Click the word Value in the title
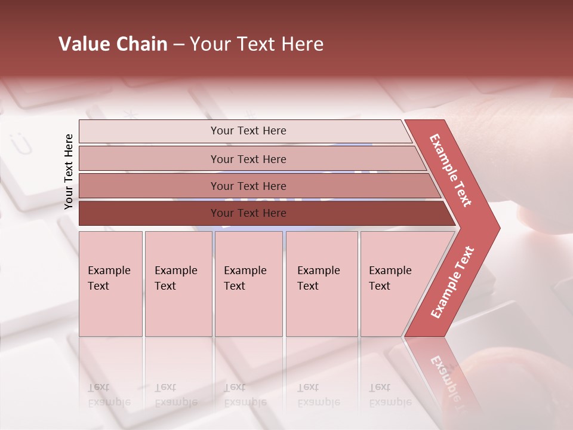pos(84,44)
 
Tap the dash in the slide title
pos(178,45)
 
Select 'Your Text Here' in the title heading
pos(257,44)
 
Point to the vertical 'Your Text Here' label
pos(69,171)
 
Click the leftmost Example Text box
pos(110,284)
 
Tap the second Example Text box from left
pos(178,284)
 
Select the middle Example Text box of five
pos(248,284)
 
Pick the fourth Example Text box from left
pos(322,284)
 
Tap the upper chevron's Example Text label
pos(451,170)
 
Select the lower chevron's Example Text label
pos(452,282)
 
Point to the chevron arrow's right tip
pos(499,228)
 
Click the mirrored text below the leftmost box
pos(109,395)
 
